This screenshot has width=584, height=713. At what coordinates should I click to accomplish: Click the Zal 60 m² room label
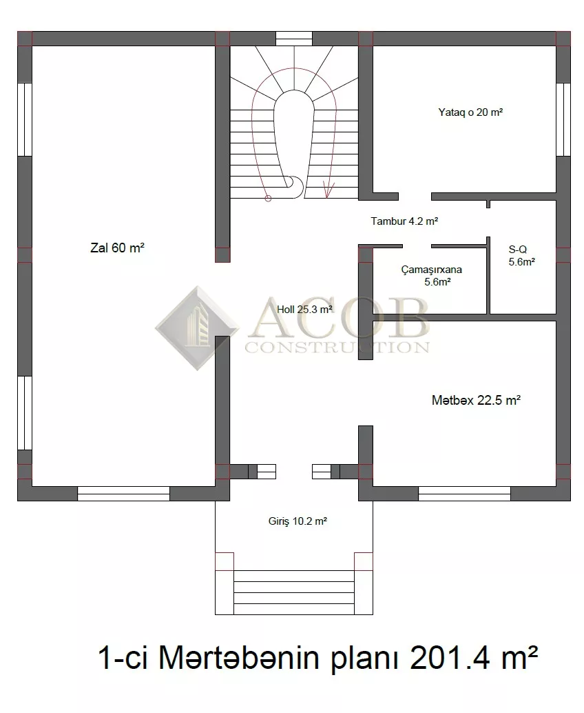[x=117, y=248]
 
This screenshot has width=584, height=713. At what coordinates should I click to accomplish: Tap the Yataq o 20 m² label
[x=470, y=112]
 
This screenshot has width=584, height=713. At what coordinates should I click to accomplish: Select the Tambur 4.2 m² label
[x=404, y=221]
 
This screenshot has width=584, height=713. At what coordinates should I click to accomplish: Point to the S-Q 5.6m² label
[x=521, y=256]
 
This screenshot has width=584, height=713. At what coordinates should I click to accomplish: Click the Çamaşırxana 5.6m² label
[x=432, y=276]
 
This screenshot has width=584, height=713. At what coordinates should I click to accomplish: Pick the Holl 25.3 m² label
[x=304, y=309]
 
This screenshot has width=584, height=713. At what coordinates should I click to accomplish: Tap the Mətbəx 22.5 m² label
[x=476, y=400]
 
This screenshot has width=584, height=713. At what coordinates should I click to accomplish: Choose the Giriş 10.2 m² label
[x=298, y=521]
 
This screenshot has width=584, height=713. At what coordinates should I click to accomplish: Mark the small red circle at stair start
[x=268, y=199]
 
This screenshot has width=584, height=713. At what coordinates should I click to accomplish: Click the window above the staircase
[x=294, y=39]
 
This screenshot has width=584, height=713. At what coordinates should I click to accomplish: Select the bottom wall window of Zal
[x=123, y=494]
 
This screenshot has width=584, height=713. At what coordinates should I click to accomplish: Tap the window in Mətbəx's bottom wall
[x=464, y=494]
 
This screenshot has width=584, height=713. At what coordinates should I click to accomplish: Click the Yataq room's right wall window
[x=563, y=119]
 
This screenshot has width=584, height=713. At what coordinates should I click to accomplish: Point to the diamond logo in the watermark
[x=197, y=328]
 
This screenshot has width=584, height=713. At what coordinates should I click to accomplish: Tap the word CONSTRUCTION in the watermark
[x=337, y=348]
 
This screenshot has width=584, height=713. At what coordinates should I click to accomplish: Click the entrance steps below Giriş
[x=294, y=592]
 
